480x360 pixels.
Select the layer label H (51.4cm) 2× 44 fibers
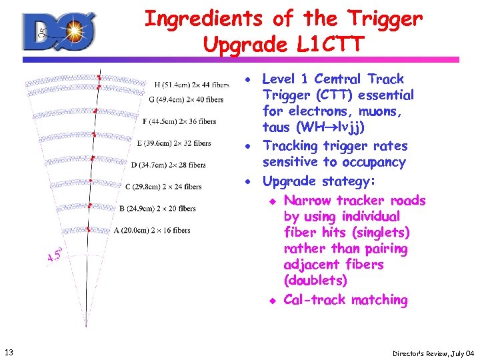[x=192, y=85]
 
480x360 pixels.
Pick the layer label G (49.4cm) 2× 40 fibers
[x=186, y=99]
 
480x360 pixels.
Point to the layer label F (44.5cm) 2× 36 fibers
[x=179, y=121]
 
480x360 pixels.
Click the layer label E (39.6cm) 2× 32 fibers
[x=173, y=143]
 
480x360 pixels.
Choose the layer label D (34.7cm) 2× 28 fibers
[x=168, y=165]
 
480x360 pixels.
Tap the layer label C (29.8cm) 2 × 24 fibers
[x=163, y=187]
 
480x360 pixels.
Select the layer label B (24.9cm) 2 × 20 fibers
[x=157, y=209]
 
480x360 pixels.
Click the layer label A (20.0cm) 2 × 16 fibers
[x=152, y=231]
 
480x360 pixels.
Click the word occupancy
[x=383, y=162]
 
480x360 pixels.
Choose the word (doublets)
[x=315, y=281]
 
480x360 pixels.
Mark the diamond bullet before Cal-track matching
[x=271, y=301]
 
